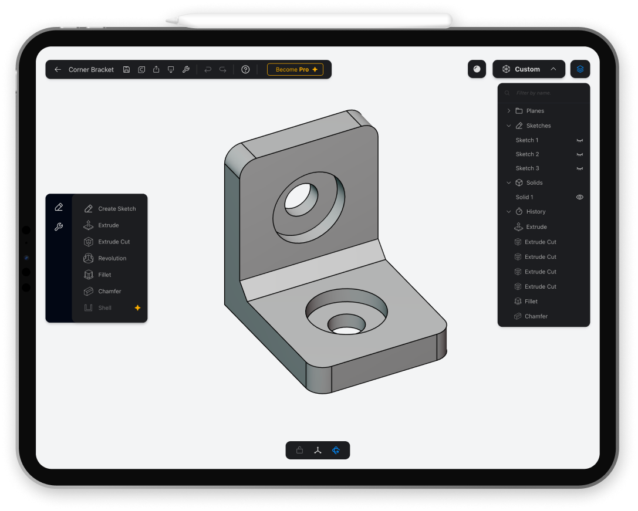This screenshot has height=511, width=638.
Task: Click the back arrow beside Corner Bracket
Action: (58, 69)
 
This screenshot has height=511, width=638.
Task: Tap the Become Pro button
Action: (295, 69)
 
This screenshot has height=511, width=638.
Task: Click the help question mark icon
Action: (245, 69)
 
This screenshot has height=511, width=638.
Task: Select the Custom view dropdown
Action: (529, 69)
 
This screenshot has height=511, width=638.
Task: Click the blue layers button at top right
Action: (580, 69)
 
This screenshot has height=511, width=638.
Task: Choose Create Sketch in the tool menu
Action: (117, 209)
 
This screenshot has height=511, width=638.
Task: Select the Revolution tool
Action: (112, 258)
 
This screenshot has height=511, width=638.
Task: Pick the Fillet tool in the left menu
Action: (104, 275)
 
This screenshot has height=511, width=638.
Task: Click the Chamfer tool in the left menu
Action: (110, 291)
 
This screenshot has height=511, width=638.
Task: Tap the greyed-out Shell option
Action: (104, 307)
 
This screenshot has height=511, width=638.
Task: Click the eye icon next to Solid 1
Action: (580, 197)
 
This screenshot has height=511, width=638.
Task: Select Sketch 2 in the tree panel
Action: (527, 154)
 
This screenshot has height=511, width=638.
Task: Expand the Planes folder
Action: (508, 111)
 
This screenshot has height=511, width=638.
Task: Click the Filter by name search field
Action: (546, 93)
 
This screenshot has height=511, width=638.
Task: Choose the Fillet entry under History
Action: (531, 302)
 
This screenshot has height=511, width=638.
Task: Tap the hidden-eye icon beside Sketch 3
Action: (580, 168)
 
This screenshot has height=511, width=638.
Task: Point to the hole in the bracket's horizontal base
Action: (346, 326)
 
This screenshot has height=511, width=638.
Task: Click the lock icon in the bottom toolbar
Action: (300, 451)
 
